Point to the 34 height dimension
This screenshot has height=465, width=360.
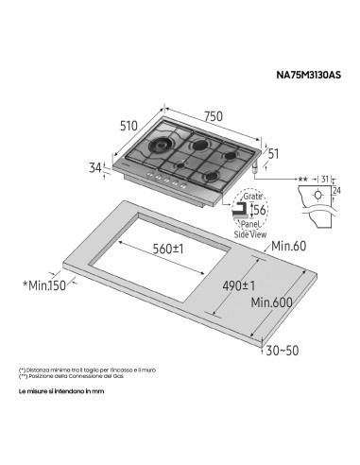(94, 167)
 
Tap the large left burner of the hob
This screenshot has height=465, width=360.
(155, 149)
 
